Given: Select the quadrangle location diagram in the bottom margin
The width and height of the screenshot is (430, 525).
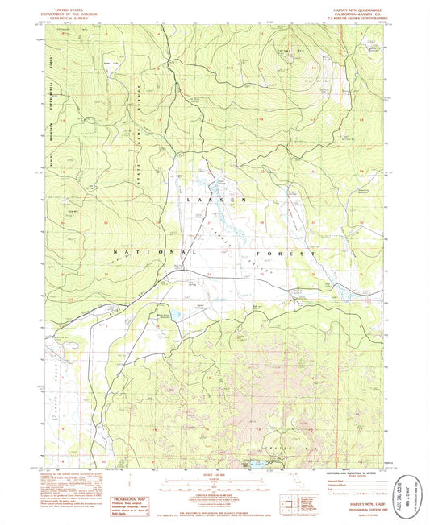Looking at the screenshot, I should click(288, 505).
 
